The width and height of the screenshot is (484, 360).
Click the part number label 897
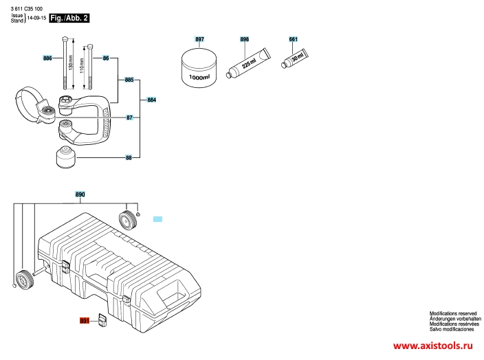point(199,39)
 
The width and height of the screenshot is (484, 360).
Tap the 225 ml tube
point(248,63)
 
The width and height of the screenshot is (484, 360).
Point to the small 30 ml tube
point(295,58)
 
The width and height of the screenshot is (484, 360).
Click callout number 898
point(244,39)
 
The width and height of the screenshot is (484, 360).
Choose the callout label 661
point(294,39)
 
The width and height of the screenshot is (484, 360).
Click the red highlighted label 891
point(85,321)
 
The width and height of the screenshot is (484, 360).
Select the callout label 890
point(80,194)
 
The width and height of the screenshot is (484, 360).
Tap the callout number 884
point(151,100)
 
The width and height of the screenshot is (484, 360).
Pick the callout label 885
point(129,80)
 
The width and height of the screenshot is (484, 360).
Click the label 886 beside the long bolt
point(47,58)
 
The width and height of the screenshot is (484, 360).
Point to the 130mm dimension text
point(71,63)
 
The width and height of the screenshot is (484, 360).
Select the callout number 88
point(129,157)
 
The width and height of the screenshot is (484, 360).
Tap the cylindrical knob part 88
point(66,157)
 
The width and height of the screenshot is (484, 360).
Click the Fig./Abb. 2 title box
point(69,18)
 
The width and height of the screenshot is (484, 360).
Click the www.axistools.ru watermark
point(432,346)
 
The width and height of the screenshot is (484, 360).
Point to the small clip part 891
point(102,320)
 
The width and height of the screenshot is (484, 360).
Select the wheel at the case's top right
point(127,220)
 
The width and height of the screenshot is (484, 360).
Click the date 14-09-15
point(36,18)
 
